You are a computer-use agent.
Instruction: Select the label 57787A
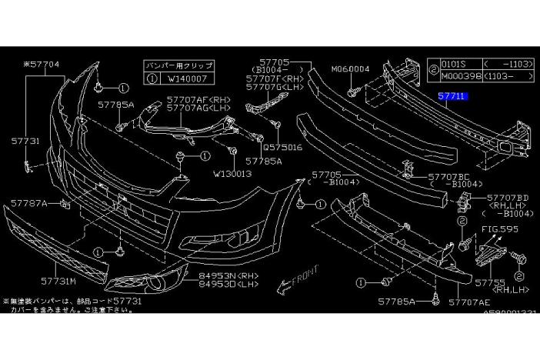click(x=29, y=204)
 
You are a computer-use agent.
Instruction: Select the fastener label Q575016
click(x=284, y=145)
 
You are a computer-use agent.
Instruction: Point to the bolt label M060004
click(x=351, y=69)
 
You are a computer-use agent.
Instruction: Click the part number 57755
click(x=490, y=282)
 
